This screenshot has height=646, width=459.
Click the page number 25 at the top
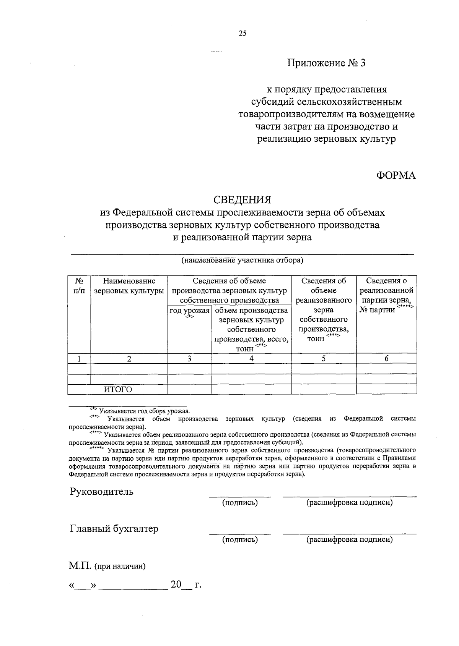[x=243, y=33]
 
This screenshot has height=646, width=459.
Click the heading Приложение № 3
[x=326, y=63]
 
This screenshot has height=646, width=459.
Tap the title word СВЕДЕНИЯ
[x=242, y=200]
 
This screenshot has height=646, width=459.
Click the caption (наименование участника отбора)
[x=242, y=261]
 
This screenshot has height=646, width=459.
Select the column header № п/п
[x=79, y=286]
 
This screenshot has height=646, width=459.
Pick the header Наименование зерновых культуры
[x=129, y=286]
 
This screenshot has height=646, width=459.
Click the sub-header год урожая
[x=190, y=311]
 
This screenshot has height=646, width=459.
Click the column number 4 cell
[x=251, y=359]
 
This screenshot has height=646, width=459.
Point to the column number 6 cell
[x=386, y=359]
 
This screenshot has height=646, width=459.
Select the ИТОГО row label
[x=118, y=390]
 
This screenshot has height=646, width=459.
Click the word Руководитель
[x=102, y=491]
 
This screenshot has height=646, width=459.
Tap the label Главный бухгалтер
[x=114, y=529]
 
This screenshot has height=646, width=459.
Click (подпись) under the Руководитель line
[x=240, y=503]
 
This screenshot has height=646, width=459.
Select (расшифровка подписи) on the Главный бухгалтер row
[x=349, y=540]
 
